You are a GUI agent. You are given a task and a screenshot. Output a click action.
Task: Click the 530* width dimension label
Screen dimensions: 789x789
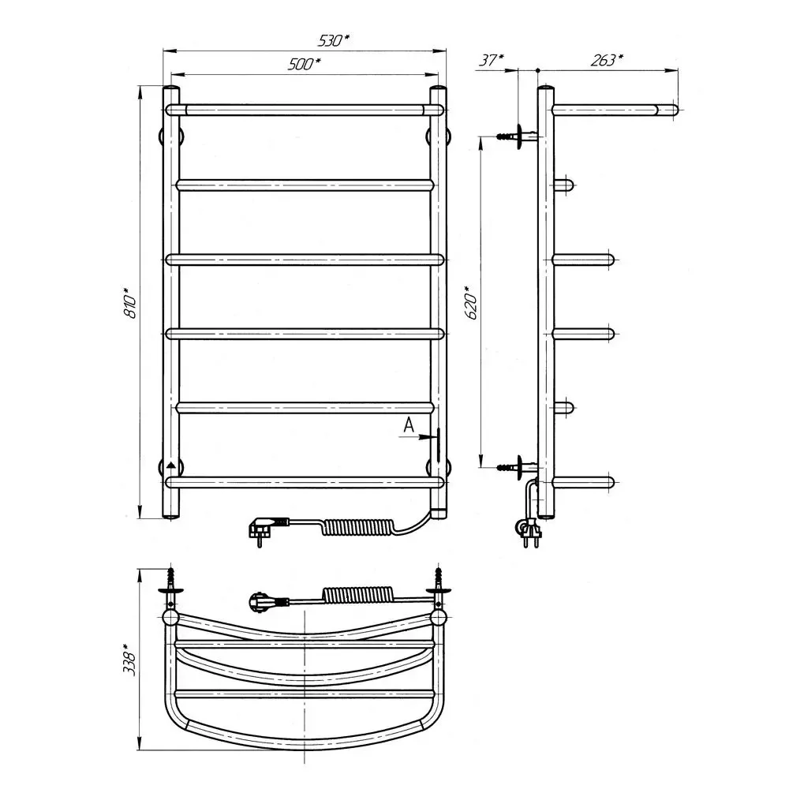tap(333, 40)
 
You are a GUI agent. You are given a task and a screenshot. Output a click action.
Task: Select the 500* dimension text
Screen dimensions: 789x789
tap(304, 64)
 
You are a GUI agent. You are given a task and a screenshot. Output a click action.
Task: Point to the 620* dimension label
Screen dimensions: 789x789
tap(472, 302)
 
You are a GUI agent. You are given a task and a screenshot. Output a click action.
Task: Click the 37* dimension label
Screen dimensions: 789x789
tap(491, 60)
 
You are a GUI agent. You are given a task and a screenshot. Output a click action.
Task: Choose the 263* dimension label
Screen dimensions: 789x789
tap(606, 60)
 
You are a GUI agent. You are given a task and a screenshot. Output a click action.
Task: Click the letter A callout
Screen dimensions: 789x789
tap(409, 425)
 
